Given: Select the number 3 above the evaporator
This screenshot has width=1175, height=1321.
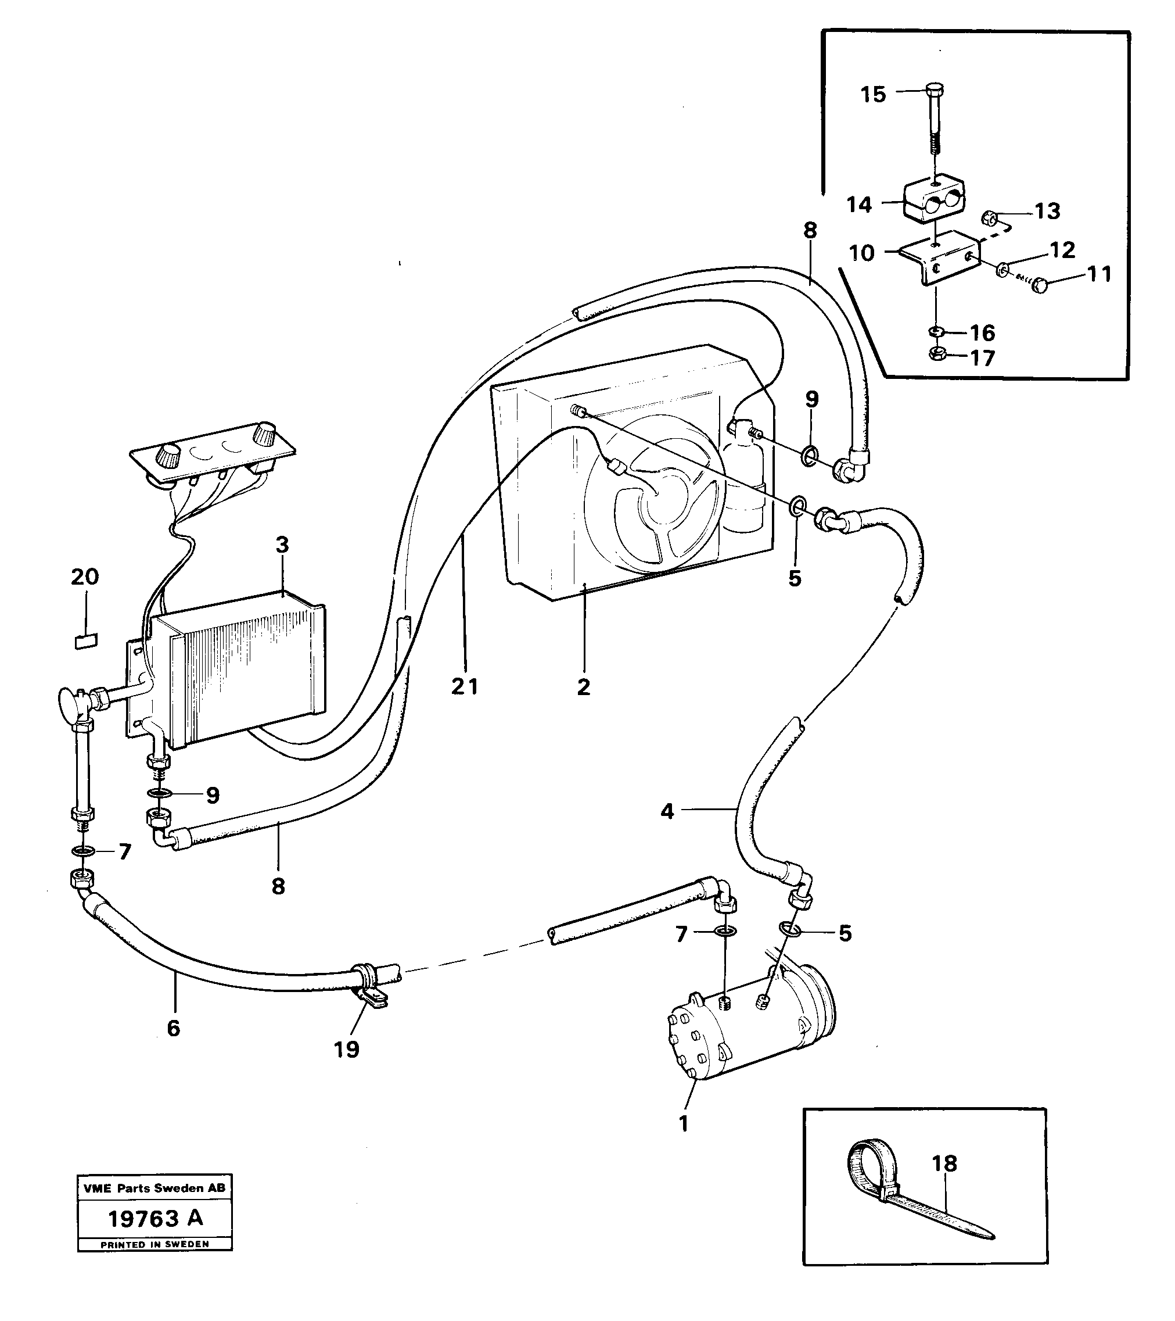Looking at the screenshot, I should click(x=282, y=545).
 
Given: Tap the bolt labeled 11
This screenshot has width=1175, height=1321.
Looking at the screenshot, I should click(x=1039, y=285).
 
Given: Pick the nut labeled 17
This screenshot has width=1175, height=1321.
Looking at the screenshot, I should click(x=935, y=353).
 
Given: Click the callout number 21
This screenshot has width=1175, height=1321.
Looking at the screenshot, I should click(x=465, y=686).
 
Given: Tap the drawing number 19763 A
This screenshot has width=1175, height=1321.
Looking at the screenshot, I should click(x=155, y=1218).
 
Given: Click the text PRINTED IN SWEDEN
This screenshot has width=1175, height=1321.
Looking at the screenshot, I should click(x=155, y=1244).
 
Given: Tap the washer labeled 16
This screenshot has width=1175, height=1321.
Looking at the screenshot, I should click(x=935, y=332).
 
